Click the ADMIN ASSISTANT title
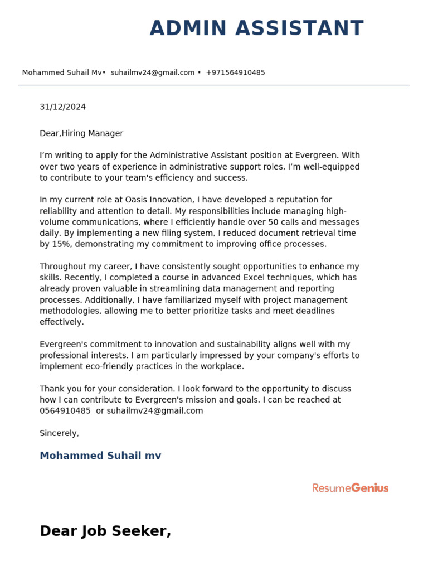pos(256,28)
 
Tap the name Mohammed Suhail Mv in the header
pos(62,72)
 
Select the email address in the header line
pos(153,72)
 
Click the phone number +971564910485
pos(235,72)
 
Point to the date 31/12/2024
pos(62,107)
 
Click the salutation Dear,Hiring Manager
pos(81,133)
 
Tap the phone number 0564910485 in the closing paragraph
pos(65,411)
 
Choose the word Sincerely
pos(59,433)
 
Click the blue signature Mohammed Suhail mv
pos(100,456)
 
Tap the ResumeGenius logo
pos(350,488)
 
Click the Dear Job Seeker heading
pos(105,531)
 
